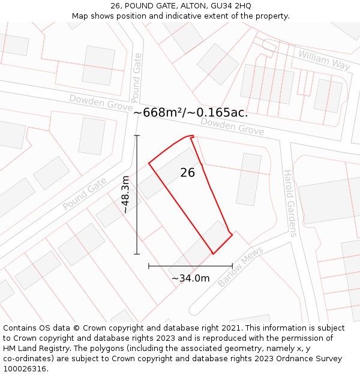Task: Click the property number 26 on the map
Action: (187, 173)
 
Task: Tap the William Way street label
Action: (323, 59)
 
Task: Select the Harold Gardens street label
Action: (290, 203)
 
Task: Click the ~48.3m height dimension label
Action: (125, 194)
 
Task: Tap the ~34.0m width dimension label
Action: (190, 278)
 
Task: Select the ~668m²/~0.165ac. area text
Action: (190, 112)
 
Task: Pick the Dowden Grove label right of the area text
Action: (232, 125)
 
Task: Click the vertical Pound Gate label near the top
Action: (136, 77)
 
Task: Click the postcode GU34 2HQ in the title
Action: (230, 6)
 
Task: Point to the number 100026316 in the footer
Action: (23, 369)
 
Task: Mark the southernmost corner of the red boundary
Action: (213, 254)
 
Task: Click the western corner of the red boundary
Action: (149, 163)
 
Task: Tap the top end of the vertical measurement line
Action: (137, 136)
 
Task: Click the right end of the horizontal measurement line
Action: (232, 266)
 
